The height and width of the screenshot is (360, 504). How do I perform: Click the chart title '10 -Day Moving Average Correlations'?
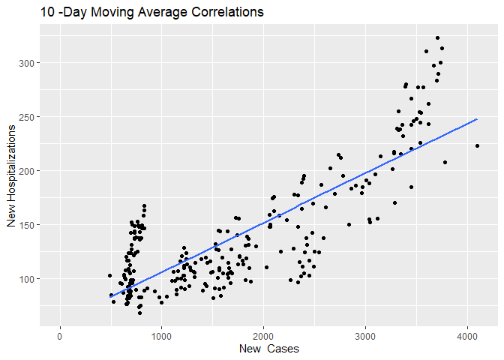tap(142, 13)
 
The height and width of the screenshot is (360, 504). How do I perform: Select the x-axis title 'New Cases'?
tap(268, 349)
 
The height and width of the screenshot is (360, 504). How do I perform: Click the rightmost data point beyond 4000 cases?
tap(478, 146)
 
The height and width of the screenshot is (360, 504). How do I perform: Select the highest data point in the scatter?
tap(437, 37)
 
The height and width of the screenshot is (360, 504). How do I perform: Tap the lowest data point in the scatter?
tap(139, 313)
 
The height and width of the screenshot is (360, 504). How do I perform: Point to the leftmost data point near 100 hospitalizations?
tap(109, 276)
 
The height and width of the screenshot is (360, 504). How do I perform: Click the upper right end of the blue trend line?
tap(477, 118)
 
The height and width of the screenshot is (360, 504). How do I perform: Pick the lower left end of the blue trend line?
tap(109, 297)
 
